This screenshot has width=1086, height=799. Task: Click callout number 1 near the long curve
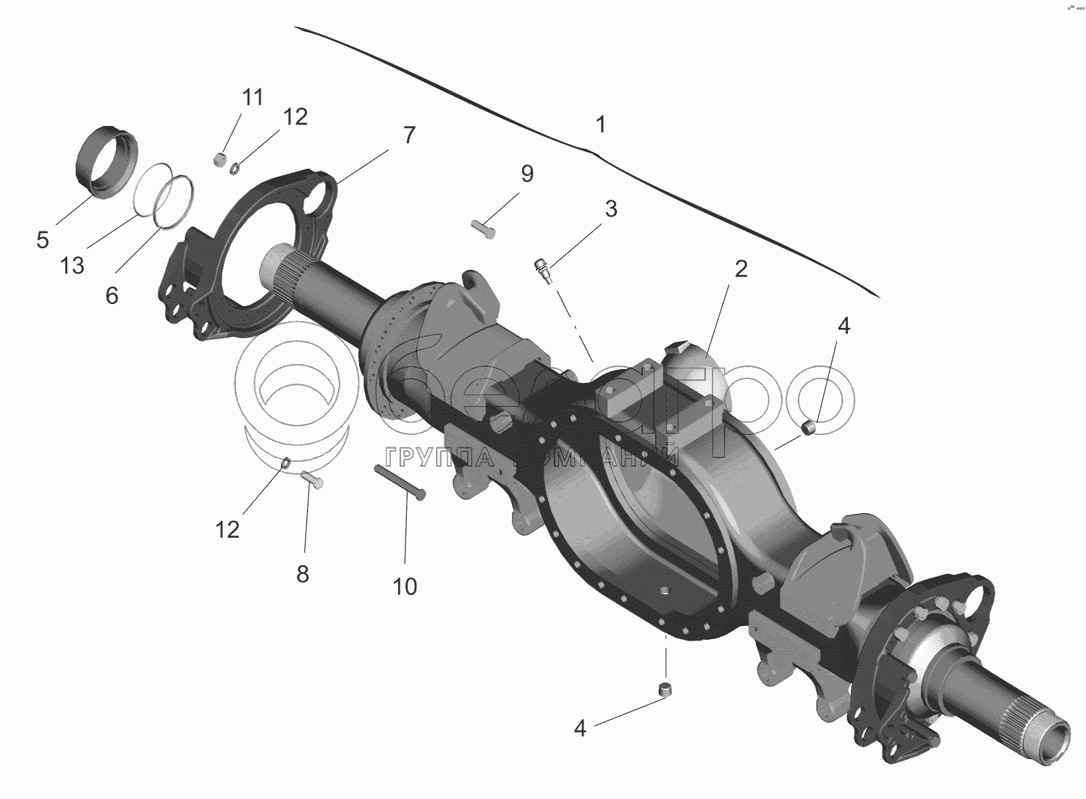click(600, 124)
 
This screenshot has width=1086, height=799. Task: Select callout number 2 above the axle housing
click(740, 269)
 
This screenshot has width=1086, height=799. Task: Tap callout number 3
click(611, 209)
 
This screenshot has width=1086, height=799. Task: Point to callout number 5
click(43, 240)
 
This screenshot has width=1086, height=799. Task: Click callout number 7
click(410, 135)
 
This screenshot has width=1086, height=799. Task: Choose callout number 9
click(526, 174)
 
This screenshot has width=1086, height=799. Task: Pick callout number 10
click(405, 586)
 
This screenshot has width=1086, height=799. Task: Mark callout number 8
click(303, 574)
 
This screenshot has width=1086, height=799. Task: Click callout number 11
click(253, 98)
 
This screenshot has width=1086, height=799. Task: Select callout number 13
click(72, 266)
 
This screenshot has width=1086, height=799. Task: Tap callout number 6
click(111, 295)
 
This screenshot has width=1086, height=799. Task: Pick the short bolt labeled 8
click(312, 478)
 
